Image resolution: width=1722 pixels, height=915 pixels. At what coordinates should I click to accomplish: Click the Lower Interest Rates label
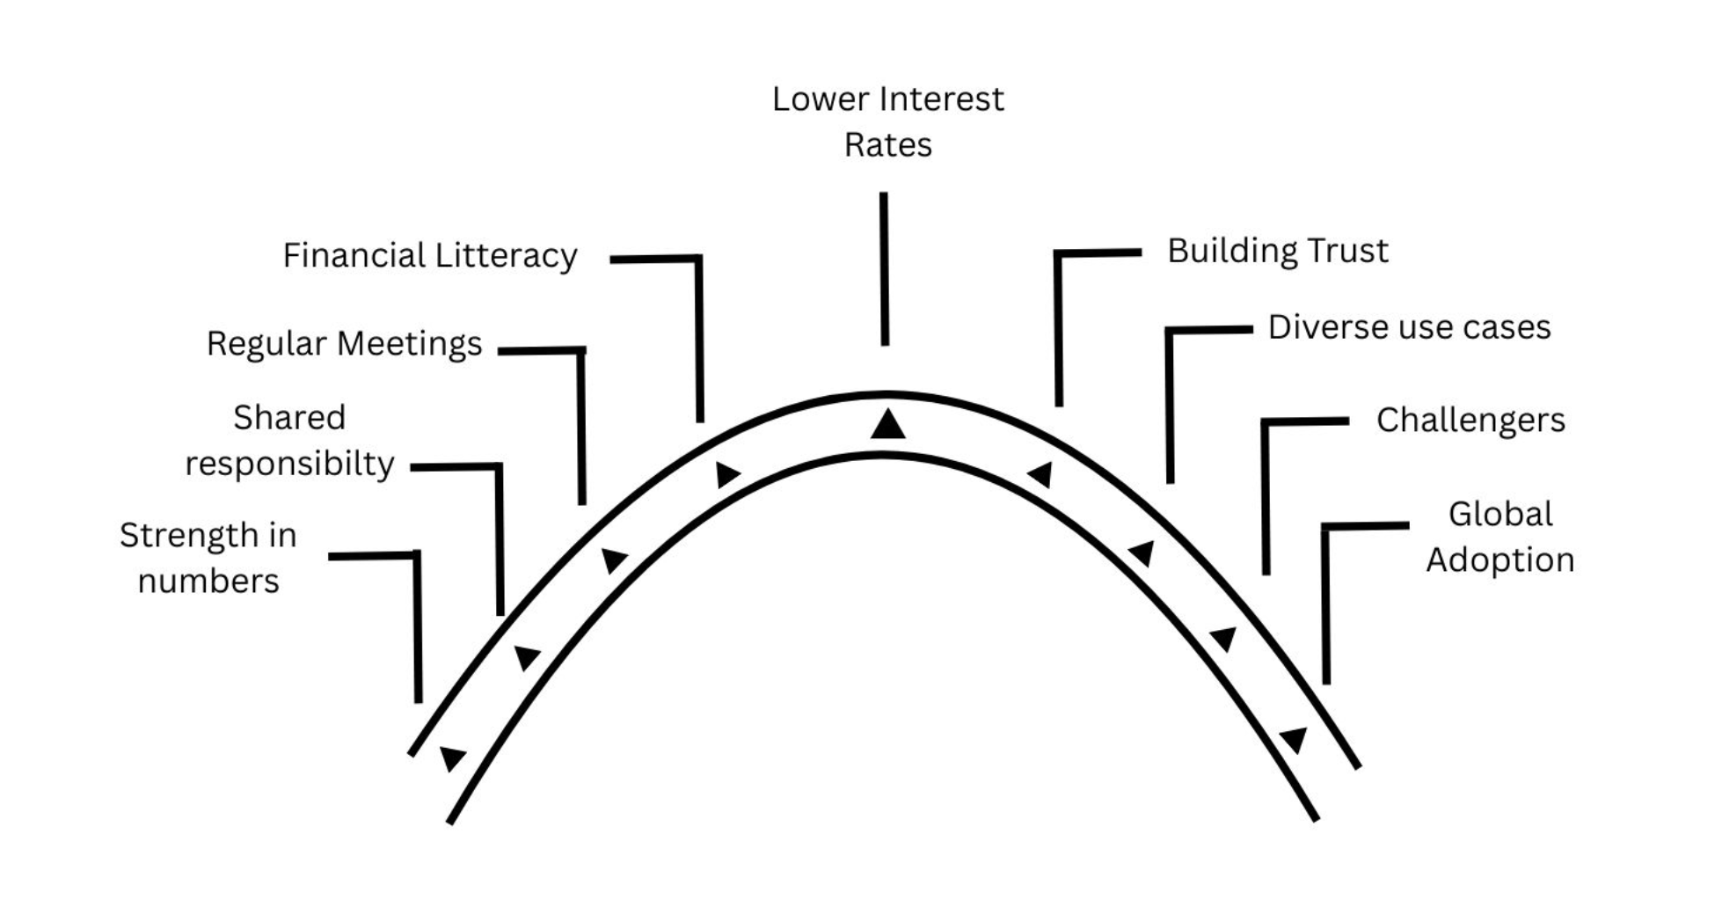887,121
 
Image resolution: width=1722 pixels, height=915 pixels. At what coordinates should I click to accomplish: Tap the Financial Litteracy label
429,256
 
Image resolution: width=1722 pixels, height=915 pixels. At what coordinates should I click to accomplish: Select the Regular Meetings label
344,343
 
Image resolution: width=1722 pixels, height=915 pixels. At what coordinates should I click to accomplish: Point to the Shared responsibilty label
289,440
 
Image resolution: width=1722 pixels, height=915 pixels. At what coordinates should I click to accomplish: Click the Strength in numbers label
208,558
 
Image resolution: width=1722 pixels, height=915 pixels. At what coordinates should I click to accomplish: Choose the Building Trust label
1277,251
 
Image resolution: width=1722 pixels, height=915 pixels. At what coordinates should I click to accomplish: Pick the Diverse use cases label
1408,327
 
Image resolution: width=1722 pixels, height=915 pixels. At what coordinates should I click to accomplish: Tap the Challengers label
1470,420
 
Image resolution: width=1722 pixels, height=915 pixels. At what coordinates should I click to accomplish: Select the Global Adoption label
1499,537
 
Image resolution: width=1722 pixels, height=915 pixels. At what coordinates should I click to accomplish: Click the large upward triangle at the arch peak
887,425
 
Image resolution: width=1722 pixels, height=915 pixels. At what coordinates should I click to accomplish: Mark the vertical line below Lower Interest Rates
884,268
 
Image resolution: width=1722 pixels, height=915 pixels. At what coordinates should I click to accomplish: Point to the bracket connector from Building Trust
1059,326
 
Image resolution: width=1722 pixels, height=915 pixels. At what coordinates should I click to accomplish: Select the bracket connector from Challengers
1266,493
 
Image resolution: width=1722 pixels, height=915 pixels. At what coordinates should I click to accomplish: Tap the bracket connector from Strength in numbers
417,625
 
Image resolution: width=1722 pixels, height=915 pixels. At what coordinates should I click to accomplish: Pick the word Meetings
421,343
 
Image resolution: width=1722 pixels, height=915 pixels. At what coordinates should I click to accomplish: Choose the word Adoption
1499,560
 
